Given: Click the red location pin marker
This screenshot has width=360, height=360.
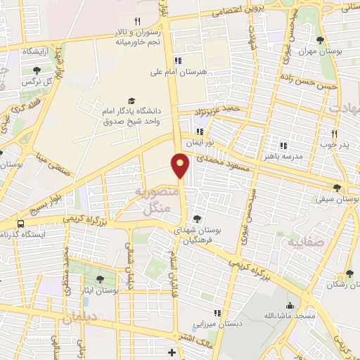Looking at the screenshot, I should click(181, 165).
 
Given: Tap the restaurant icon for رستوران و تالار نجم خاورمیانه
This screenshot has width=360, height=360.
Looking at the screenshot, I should click(138, 21).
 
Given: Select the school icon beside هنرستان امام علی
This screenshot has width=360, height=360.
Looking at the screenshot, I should click(177, 60).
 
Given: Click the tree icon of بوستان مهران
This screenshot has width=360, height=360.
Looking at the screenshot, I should click(321, 40).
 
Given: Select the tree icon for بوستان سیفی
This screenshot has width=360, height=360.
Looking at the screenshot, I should click(337, 187).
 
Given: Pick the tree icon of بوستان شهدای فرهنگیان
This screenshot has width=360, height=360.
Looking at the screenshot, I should click(197, 218).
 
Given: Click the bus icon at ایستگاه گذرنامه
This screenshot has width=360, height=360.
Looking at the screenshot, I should click(20, 224).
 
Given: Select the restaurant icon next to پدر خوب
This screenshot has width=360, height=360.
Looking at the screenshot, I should click(335, 133).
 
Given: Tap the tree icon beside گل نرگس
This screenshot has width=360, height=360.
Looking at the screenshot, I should click(35, 70).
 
